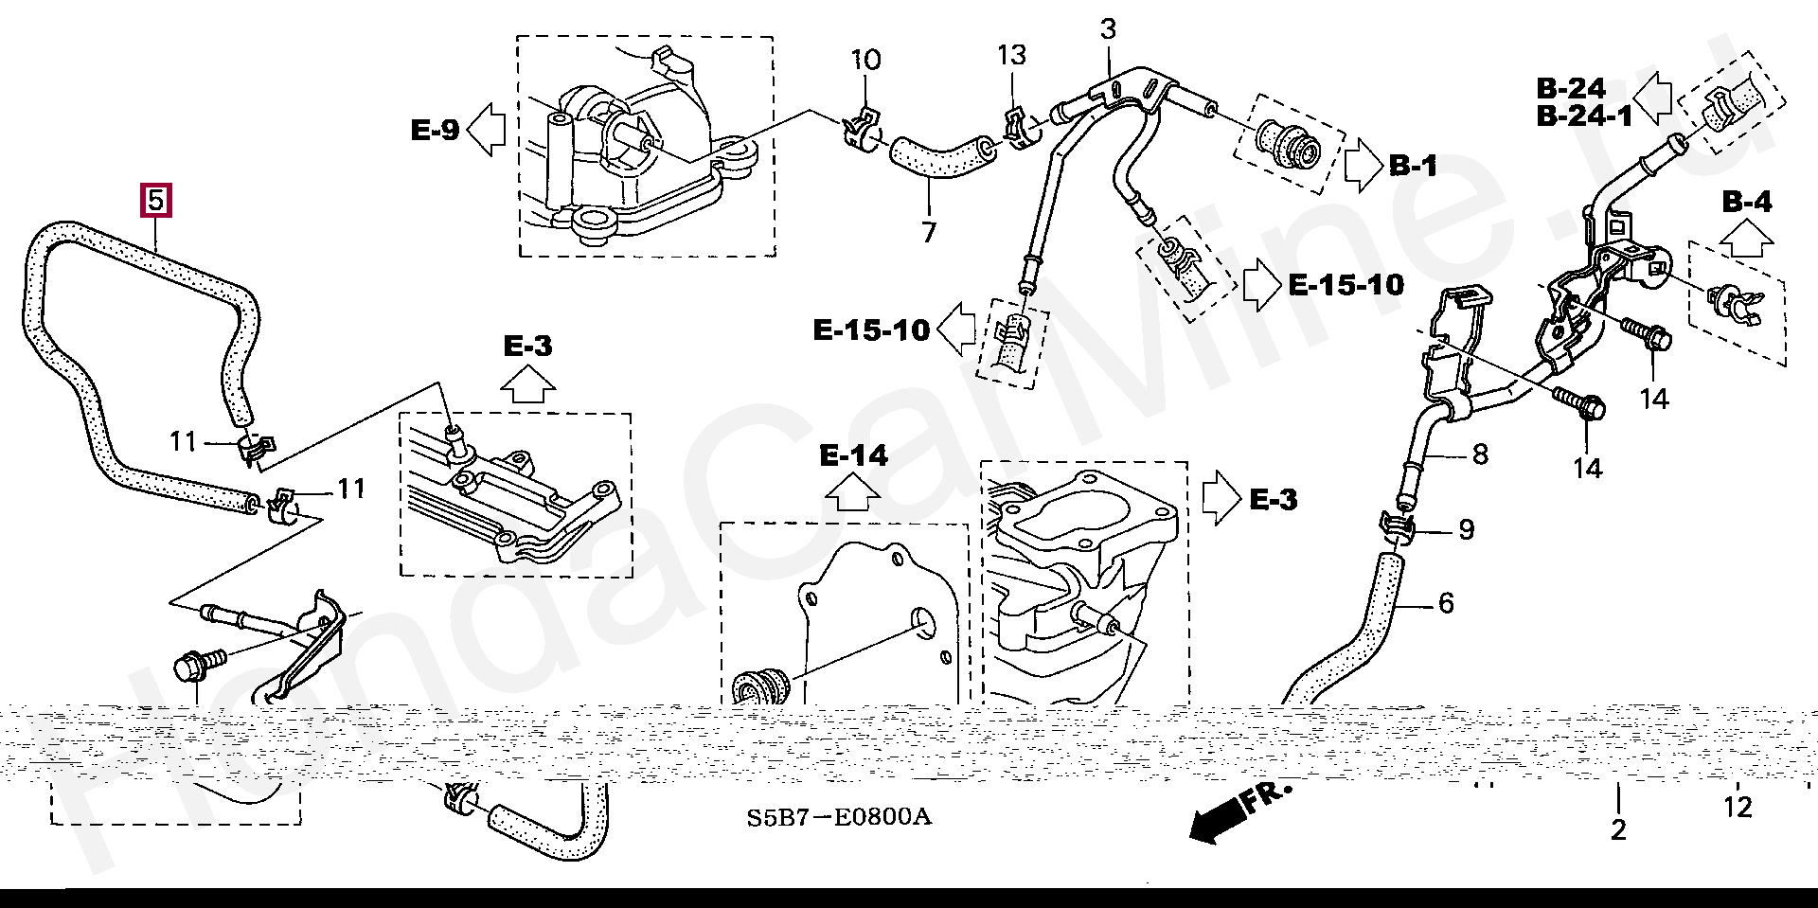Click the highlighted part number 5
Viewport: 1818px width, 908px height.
coord(156,200)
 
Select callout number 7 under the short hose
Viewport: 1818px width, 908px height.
coord(928,232)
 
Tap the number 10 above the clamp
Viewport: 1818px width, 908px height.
coord(864,61)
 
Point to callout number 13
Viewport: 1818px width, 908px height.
coord(1011,55)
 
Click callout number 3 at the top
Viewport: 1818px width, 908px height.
coord(1108,29)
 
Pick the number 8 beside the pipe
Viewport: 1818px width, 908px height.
coord(1479,454)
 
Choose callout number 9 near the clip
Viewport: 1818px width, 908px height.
coord(1466,529)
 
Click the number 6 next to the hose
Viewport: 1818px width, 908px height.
coord(1445,603)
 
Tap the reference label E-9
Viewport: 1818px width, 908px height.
coord(436,130)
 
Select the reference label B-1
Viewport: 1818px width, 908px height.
coord(1413,167)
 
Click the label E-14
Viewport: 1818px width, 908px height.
coord(854,456)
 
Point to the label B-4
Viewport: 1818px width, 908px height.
coord(1746,202)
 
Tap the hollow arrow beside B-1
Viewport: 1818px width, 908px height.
coord(1363,167)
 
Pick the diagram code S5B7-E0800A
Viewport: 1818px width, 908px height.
coord(838,816)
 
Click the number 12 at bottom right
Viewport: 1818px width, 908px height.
coord(1738,808)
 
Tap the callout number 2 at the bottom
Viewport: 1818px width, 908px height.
coord(1618,830)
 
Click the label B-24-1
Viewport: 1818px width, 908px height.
coord(1584,116)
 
